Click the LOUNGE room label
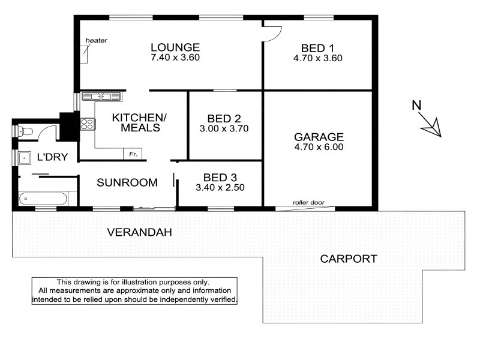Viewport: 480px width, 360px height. [x=175, y=47]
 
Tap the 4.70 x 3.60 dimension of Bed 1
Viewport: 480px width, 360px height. [x=318, y=58]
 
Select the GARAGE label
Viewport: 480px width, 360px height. [x=319, y=137]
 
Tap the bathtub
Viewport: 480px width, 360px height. [x=43, y=199]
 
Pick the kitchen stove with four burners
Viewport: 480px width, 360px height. [x=87, y=124]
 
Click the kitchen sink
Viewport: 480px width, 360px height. [x=101, y=97]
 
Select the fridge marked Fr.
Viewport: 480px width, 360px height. [x=133, y=154]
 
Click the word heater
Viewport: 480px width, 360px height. [x=97, y=40]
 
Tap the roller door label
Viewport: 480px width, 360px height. [x=308, y=202]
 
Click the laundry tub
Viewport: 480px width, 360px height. [x=25, y=158]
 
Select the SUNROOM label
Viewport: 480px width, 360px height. [x=127, y=182]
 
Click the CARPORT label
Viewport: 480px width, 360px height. [x=349, y=259]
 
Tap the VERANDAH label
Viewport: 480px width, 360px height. [x=140, y=232]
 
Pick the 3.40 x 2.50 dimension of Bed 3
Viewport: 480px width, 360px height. [x=220, y=187]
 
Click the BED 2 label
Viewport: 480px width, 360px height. [x=224, y=118]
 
